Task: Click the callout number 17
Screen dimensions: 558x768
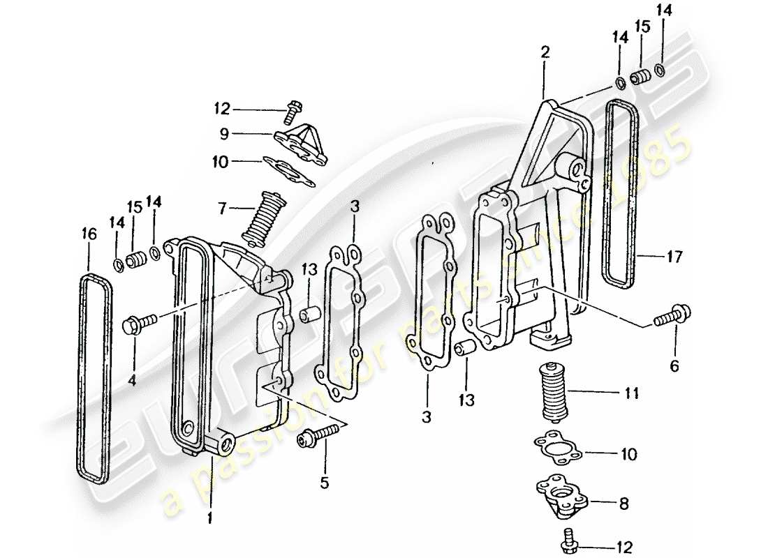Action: click(673, 257)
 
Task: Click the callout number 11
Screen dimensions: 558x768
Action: click(631, 393)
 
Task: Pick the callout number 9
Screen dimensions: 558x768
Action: click(223, 133)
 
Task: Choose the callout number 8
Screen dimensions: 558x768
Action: click(623, 502)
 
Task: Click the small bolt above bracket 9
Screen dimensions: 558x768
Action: click(293, 107)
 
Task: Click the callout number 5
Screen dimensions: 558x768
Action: click(324, 482)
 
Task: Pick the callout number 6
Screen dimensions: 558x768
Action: click(674, 365)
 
